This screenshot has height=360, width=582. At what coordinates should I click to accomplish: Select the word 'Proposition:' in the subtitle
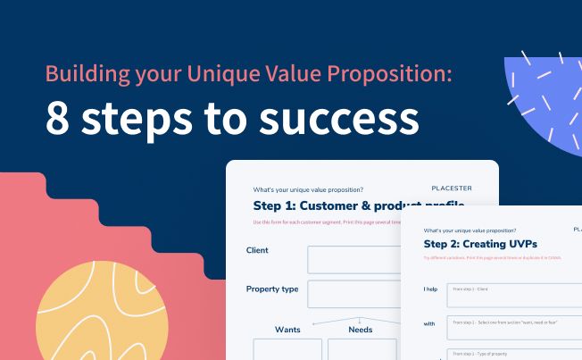click(391, 74)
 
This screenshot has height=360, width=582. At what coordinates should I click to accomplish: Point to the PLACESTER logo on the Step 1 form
click(451, 188)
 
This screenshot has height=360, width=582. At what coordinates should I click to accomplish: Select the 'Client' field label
click(257, 250)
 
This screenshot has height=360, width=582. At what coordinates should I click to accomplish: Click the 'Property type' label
click(272, 289)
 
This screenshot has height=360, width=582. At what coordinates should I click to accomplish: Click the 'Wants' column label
click(287, 330)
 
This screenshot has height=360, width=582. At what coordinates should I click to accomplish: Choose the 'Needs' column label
click(361, 330)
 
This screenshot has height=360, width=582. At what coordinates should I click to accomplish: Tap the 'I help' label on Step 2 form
click(432, 290)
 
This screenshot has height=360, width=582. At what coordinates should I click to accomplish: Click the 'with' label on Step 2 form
click(430, 322)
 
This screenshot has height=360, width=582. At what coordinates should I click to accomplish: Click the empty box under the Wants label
click(287, 349)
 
